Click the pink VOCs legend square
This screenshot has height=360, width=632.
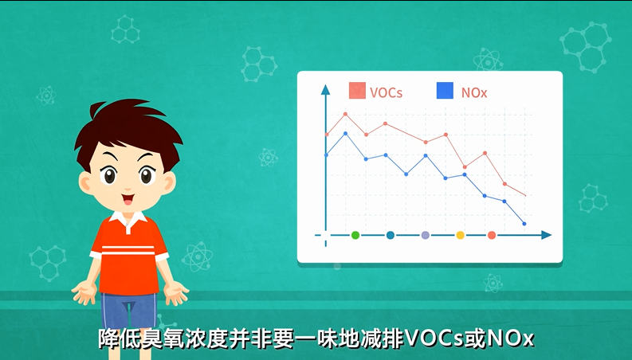[x=357, y=91]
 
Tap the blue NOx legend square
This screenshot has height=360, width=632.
[x=445, y=91]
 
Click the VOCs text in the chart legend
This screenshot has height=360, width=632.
[x=386, y=93]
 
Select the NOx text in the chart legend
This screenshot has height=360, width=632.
[x=474, y=93]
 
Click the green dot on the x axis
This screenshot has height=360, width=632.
[x=355, y=235]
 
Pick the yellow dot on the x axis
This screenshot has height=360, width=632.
[x=461, y=235]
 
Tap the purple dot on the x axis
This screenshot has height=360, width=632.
[x=426, y=235]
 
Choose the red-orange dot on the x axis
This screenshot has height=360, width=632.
[x=492, y=235]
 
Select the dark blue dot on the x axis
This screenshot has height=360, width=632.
[x=391, y=235]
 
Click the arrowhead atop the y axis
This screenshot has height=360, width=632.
[x=325, y=89]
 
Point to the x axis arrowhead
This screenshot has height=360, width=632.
[x=546, y=235]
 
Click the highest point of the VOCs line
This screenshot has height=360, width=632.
[x=345, y=115]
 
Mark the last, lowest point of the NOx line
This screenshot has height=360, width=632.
[x=524, y=224]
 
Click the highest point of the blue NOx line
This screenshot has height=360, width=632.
[x=345, y=133]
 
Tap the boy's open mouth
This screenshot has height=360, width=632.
[x=128, y=199]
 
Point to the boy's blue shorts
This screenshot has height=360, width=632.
[x=128, y=310]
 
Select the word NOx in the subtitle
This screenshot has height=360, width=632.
[x=511, y=339]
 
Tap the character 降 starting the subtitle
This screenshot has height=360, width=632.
[x=109, y=339]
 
